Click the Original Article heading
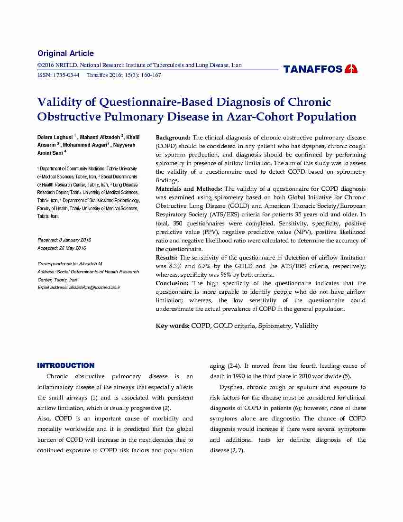tap(65, 54)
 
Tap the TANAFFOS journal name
tap(313, 70)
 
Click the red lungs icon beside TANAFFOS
tap(351, 69)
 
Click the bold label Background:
tap(173, 138)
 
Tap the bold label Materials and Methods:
tap(189, 189)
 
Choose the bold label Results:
tap(166, 258)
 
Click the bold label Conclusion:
tap(172, 283)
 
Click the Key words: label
tap(173, 326)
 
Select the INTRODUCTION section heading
tap(66, 366)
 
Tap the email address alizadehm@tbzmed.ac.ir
tap(95, 288)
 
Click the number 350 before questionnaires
tap(178, 224)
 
